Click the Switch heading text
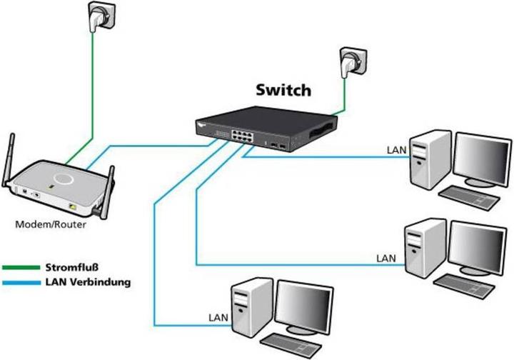coord(283,91)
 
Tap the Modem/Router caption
coord(51,224)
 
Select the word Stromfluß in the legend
coord(72,268)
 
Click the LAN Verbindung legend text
coord(87,282)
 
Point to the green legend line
coord(21,269)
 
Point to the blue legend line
coord(21,282)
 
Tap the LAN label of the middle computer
coord(385,256)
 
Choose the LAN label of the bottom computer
coord(218,315)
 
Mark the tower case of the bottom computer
coord(251,310)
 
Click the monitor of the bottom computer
coord(305,306)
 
